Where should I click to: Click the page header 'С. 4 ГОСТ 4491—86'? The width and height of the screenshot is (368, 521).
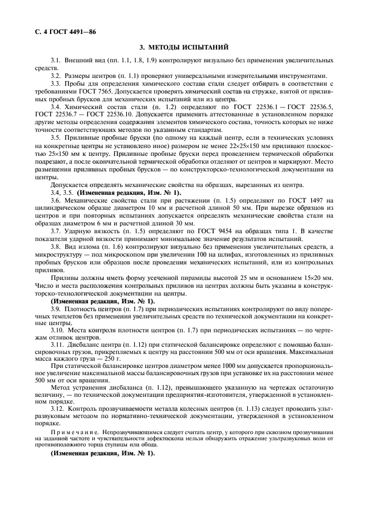[61, 31]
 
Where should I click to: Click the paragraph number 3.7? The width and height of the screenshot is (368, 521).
[55, 229]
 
